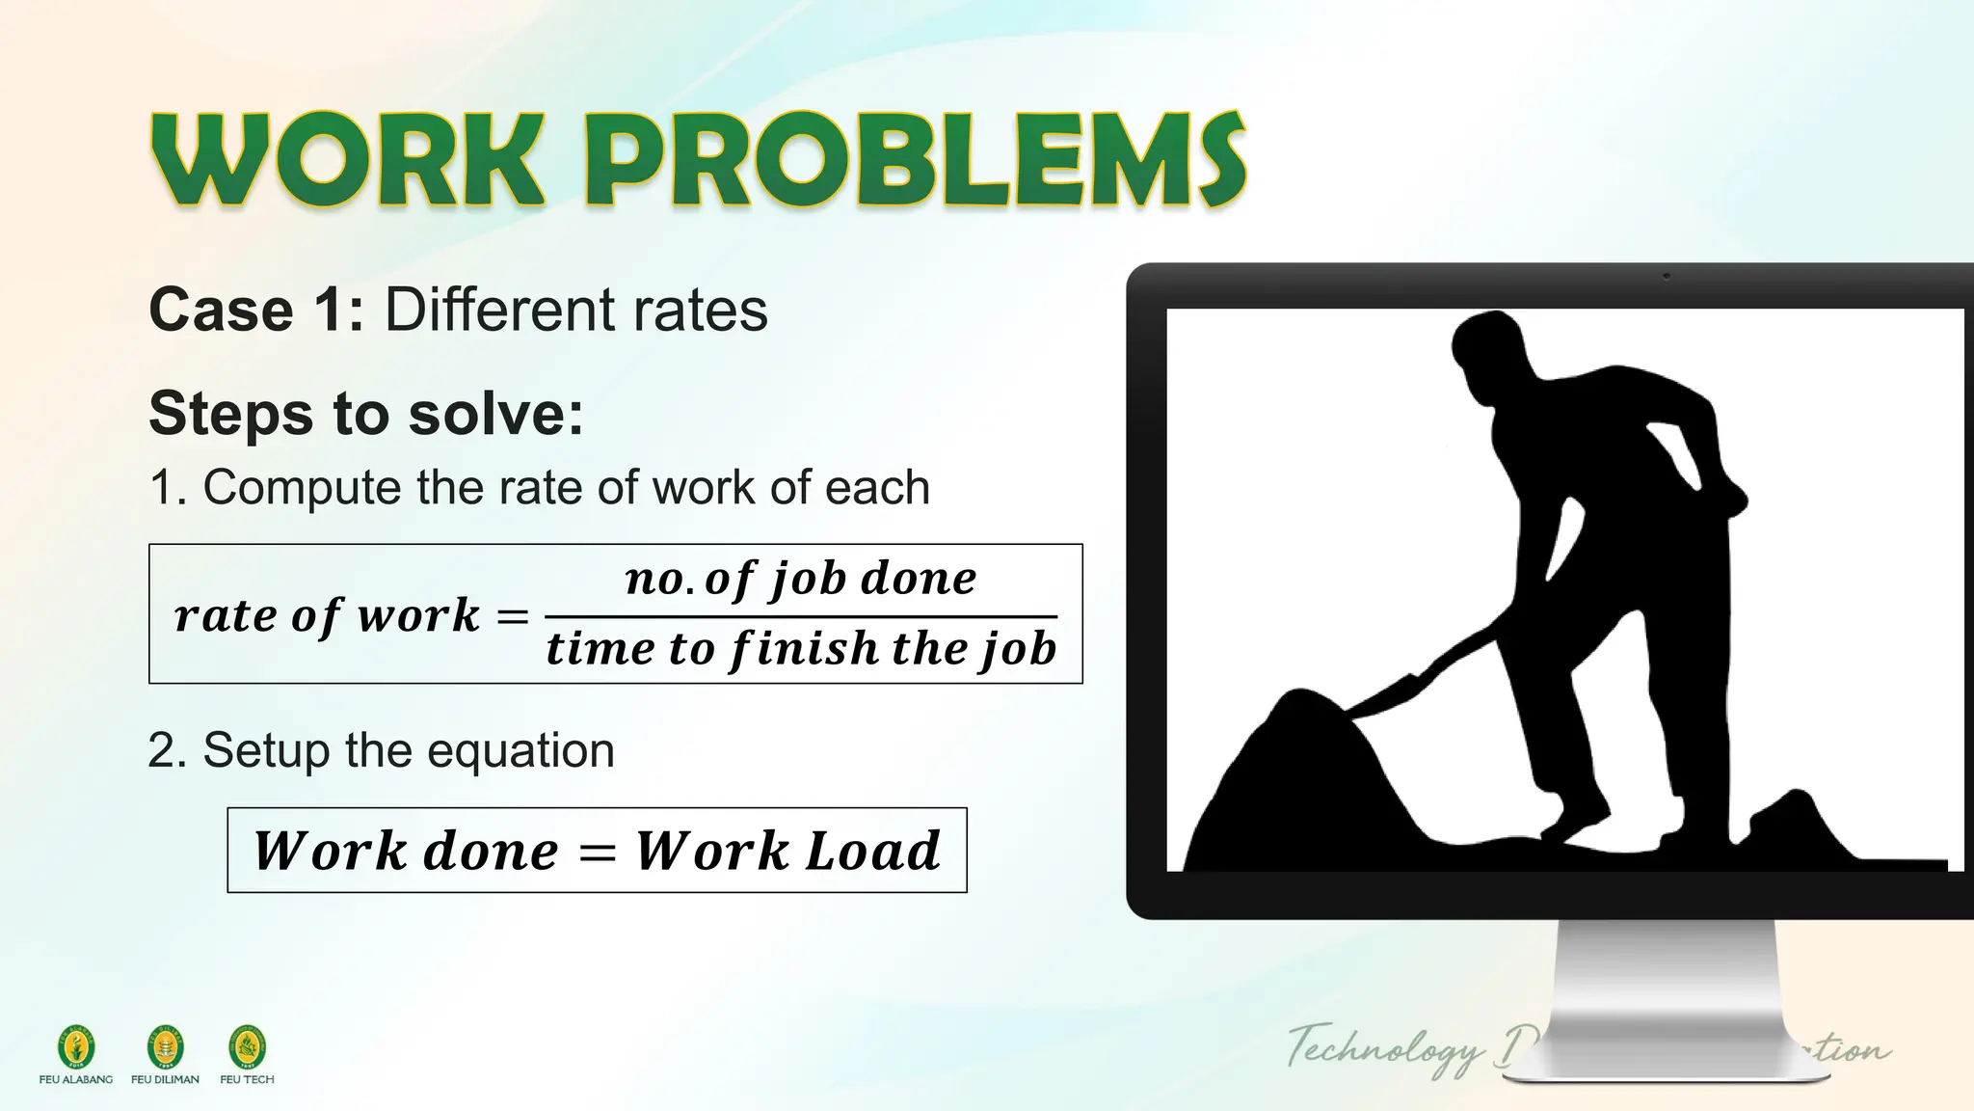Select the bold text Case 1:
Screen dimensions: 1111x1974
coord(256,311)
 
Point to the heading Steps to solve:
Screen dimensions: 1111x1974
coord(366,414)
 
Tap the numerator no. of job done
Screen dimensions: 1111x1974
coord(800,579)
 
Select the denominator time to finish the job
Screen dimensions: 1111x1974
coord(800,648)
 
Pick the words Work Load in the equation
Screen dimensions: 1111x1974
coord(787,851)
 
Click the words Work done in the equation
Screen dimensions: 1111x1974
coord(405,851)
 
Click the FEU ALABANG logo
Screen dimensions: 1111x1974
coord(76,1047)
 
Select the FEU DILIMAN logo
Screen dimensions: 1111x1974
coord(165,1047)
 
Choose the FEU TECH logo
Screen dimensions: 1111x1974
coord(247,1047)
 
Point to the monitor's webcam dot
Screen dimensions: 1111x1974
coord(1667,277)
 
